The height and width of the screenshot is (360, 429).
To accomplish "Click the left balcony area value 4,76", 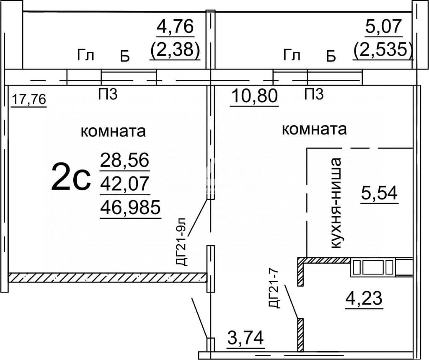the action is tap(175, 27).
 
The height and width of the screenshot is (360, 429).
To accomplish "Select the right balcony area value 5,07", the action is tap(384, 27).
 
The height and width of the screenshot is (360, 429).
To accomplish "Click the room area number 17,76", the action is tap(29, 99).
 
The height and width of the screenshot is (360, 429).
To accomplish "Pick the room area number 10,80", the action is tap(254, 96).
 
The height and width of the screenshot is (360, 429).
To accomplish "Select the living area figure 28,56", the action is tap(125, 160).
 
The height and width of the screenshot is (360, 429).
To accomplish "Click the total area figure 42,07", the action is tap(125, 184).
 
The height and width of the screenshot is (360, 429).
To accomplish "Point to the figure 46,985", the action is tap(130, 207).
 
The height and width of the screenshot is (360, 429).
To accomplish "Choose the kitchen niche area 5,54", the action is tap(379, 193).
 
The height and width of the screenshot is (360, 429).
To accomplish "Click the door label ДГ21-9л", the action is tap(181, 242).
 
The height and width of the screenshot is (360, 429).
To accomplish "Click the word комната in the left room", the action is tap(113, 132).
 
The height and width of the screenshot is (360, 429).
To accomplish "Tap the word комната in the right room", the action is tap(314, 129).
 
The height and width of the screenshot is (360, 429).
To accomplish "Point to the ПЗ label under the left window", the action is tap(108, 94).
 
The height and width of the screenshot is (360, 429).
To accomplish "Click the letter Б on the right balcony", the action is tap(331, 57).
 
